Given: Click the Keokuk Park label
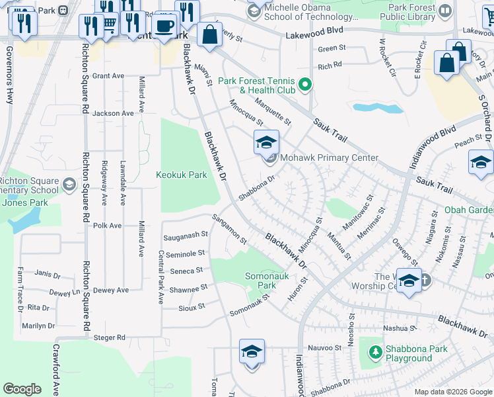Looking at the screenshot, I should tap(181, 175).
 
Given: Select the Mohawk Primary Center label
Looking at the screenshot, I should tap(329, 157).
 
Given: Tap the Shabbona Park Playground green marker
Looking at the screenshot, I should tap(375, 351).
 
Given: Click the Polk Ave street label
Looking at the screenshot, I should tap(108, 226).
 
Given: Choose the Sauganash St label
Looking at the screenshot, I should tap(186, 234).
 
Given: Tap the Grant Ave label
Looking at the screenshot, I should tap(108, 76).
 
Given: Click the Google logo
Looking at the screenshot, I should tap(22, 389).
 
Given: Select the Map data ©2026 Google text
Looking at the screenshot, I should tap(453, 392).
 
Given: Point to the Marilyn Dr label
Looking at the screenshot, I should tap(37, 326).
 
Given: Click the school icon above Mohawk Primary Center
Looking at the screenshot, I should tap(266, 142).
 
